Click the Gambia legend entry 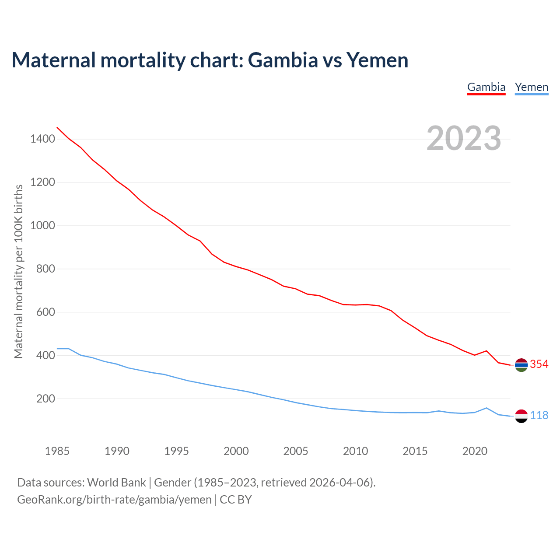click(486, 87)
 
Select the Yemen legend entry click(531, 87)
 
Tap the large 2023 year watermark click(464, 138)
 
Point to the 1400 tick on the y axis click(42, 139)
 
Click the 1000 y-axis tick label click(42, 226)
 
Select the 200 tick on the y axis click(45, 399)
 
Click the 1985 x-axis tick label click(57, 451)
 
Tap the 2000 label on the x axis click(236, 451)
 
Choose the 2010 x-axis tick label click(355, 451)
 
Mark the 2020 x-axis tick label click(475, 451)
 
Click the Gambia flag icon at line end click(521, 365)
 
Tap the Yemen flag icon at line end click(521, 416)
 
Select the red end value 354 click(539, 364)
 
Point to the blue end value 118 click(539, 415)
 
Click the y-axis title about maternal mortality click(18, 271)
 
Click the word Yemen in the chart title click(377, 60)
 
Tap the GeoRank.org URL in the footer click(114, 499)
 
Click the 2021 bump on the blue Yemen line click(486, 408)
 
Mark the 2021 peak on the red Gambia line click(486, 351)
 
